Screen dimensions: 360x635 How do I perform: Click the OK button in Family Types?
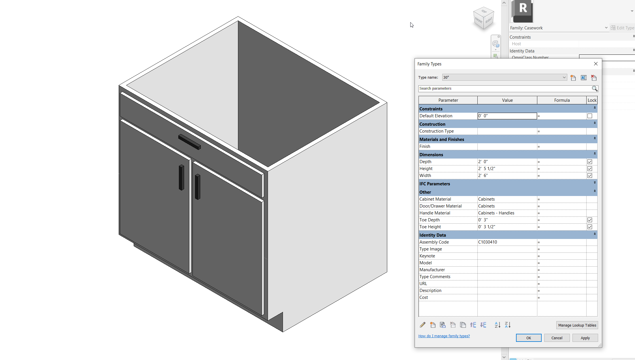pyautogui.click(x=528, y=338)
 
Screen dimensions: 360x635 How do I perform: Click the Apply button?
pyautogui.click(x=585, y=338)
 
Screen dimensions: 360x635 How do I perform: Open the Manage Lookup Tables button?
pyautogui.click(x=577, y=325)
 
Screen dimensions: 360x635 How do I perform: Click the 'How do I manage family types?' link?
pyautogui.click(x=444, y=336)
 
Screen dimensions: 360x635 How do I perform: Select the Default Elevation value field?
pyautogui.click(x=507, y=116)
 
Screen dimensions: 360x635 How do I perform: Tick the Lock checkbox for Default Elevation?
pyautogui.click(x=589, y=116)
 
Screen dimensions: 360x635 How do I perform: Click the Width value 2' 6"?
pyautogui.click(x=507, y=176)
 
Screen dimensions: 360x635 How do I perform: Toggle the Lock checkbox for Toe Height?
pyautogui.click(x=589, y=227)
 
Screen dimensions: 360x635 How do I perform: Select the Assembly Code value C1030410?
pyautogui.click(x=507, y=242)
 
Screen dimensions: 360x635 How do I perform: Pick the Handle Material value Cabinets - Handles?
pyautogui.click(x=507, y=213)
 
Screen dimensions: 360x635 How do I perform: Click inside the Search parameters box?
pyautogui.click(x=504, y=88)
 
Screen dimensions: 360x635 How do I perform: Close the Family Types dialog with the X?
pyautogui.click(x=596, y=64)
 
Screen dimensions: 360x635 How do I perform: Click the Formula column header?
pyautogui.click(x=562, y=100)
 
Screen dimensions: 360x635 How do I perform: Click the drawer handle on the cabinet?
pyautogui.click(x=189, y=142)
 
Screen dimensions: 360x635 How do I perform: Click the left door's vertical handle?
pyautogui.click(x=181, y=177)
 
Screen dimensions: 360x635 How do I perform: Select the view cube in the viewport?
pyautogui.click(x=483, y=18)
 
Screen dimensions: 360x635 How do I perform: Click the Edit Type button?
pyautogui.click(x=622, y=28)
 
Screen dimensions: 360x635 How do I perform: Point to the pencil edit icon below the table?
pyautogui.click(x=422, y=325)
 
